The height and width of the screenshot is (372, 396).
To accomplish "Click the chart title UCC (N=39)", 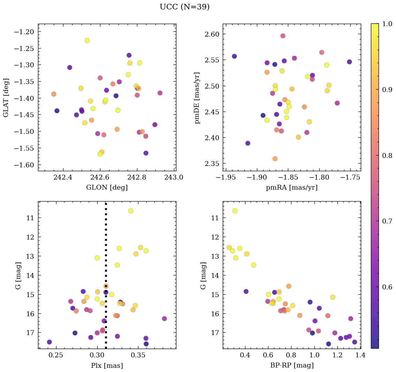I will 184,7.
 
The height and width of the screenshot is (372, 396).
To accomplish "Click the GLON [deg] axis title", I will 107,188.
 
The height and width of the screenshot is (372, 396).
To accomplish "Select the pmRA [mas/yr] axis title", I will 291,188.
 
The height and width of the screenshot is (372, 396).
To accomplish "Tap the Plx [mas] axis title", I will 107,365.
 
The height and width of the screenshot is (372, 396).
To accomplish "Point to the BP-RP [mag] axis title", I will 291,365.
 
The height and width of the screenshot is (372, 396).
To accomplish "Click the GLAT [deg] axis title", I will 6,97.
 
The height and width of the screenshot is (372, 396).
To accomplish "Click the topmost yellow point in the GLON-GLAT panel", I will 87,40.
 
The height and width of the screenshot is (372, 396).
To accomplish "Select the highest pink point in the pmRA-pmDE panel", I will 283,36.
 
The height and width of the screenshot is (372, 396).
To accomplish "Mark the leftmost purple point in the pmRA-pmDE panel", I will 234,56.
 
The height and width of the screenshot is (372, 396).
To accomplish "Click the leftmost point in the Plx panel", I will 49,342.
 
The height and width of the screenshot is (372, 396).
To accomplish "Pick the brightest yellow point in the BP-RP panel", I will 235,211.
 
